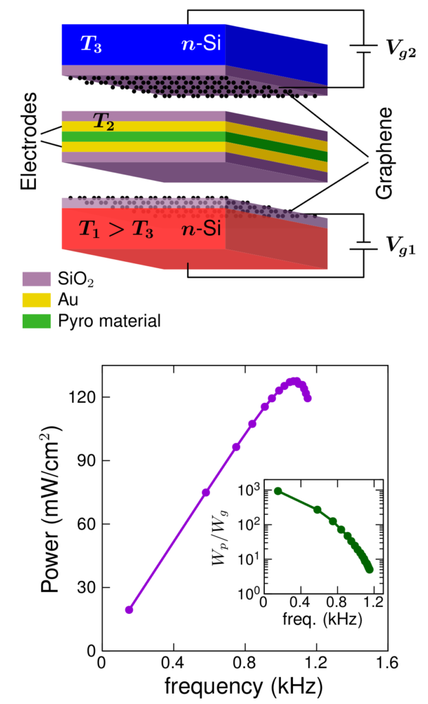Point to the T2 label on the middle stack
(104, 124)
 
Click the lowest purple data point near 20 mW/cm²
(129, 610)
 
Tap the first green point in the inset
(277, 491)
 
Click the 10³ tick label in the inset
(246, 490)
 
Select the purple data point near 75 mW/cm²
(206, 492)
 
